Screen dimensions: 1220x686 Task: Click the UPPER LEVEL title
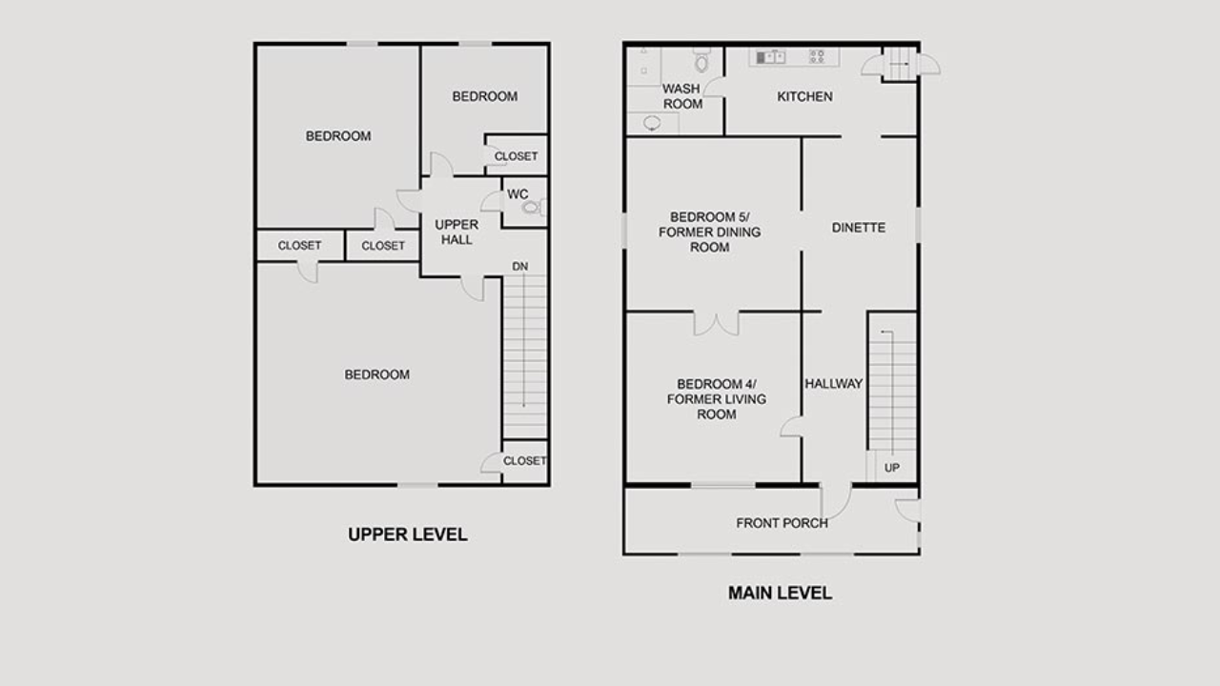coord(407,535)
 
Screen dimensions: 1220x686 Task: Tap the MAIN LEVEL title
coord(780,593)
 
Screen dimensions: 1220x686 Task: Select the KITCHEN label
coord(804,97)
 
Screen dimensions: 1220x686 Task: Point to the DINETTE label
coord(859,228)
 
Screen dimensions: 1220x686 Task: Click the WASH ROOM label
coord(681,96)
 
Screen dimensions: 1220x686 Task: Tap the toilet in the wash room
coord(701,60)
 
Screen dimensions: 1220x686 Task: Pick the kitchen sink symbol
coord(770,56)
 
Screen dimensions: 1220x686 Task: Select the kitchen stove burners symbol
coord(817,56)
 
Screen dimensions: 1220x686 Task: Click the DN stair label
coord(519,267)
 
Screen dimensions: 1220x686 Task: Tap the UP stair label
coord(891,468)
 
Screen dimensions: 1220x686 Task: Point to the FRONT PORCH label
coord(782,523)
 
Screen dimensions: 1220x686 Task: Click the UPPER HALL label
coord(457,232)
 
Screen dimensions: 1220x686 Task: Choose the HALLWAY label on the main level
coord(833,384)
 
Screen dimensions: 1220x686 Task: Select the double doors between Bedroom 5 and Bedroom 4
coord(716,323)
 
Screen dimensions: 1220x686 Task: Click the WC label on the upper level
coord(518,194)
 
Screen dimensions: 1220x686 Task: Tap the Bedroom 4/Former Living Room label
coord(716,399)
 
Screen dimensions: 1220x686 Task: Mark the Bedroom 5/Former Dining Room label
coord(709,232)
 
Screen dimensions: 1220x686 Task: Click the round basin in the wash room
coord(652,123)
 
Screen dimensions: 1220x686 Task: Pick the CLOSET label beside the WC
coord(516,156)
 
